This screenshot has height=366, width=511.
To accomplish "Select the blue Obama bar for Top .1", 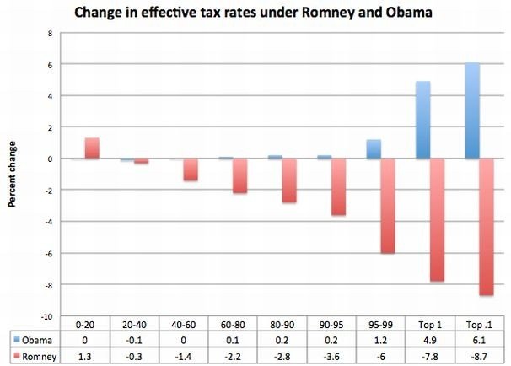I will coord(472,110).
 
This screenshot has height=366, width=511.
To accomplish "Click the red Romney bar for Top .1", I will coord(487,227).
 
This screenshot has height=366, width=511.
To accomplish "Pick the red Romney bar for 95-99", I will coord(387,206).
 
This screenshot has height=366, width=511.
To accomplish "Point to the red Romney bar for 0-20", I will coord(92,148).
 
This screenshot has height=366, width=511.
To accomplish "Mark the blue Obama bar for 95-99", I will coord(374,149).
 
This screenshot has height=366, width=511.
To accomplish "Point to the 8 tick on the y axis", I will coord(50,34).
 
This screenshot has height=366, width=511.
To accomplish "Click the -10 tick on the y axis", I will coord(46,315).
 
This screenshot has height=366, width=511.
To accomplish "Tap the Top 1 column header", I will coord(429,323).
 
